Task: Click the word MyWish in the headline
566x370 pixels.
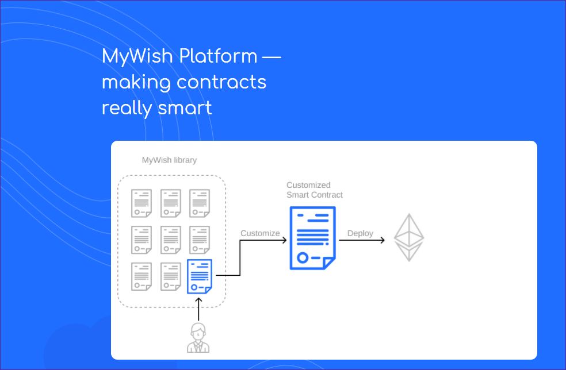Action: coord(137,56)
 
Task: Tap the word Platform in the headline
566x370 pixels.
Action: coord(219,56)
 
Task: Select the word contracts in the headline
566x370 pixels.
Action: coord(221,82)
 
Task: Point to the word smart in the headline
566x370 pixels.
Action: coord(185,108)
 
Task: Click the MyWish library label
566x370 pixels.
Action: coord(169,160)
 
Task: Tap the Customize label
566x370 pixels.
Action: coord(260,233)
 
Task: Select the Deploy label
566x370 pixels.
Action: coord(360,233)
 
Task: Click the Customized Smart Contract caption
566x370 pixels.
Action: coord(315,190)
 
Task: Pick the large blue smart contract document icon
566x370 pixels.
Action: coord(312,238)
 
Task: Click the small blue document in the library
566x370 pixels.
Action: coord(199,276)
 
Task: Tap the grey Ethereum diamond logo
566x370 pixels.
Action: coord(408,237)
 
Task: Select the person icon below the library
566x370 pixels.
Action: coord(198,338)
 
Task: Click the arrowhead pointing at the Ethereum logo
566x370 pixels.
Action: coord(383,240)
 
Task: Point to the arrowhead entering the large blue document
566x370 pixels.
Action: coord(285,240)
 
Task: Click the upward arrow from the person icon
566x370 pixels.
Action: coord(198,309)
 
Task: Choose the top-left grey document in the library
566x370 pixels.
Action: coord(141,203)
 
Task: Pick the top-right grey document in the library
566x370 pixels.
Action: coord(200,203)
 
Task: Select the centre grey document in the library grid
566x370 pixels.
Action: coord(171,240)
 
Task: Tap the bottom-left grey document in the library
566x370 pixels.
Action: coord(141,276)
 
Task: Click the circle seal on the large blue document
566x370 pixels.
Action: coord(303,257)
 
